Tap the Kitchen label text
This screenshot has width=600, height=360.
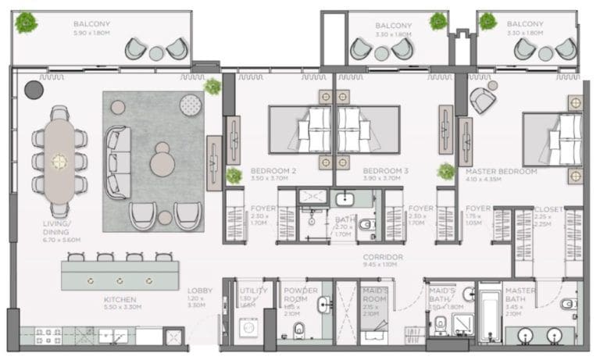(120, 299)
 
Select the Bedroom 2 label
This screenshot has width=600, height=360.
(273, 170)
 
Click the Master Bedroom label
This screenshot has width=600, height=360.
(501, 171)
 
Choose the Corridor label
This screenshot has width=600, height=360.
(382, 257)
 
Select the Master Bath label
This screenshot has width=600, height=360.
(520, 295)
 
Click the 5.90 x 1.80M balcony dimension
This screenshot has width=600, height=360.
(92, 33)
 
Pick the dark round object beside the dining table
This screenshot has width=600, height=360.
(34, 90)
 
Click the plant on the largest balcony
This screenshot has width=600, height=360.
(27, 22)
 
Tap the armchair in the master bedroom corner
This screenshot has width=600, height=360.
(483, 99)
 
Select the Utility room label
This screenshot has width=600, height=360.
(249, 294)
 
